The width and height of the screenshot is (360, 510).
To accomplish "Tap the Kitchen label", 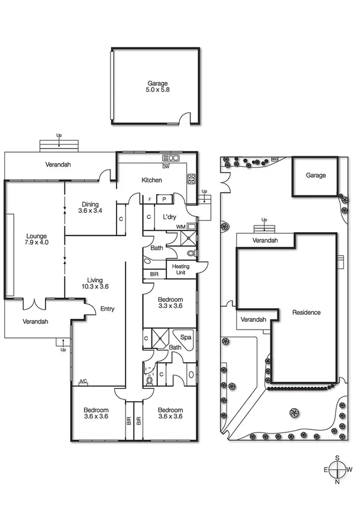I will pos(151,180).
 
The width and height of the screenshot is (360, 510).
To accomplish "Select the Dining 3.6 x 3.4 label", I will pos(90,207).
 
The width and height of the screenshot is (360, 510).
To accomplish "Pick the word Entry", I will pos(108,309).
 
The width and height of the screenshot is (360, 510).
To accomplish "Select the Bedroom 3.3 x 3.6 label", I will pos(170,303).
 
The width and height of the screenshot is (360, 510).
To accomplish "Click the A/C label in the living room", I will pos(83,381).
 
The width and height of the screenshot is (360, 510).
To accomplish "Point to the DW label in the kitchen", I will pos(166,167).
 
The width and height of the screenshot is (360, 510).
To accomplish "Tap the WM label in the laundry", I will pos(181,226).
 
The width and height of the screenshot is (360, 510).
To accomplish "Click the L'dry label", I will pos(169,215).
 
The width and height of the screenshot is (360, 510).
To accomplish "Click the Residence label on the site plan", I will pos(306,312).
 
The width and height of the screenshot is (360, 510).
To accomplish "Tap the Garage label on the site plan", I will pos(316,176).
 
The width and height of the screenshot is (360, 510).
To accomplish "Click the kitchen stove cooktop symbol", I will pos(192,178).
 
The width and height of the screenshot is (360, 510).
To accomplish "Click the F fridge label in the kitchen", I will pos(150,199).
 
